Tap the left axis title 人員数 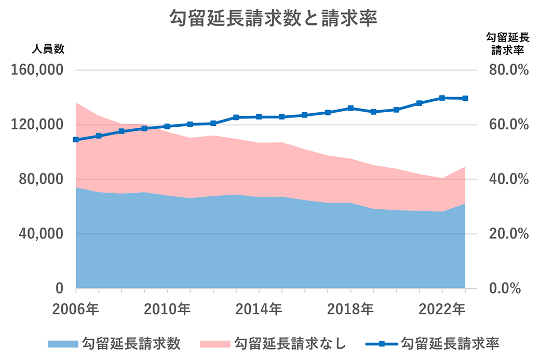point(48,49)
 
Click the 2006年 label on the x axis point(76,310)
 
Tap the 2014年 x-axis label point(259,310)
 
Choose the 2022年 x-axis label point(441,310)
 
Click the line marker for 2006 point(76,140)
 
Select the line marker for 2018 point(350,108)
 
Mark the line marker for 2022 point(442,98)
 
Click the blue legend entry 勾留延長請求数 point(114,343)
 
